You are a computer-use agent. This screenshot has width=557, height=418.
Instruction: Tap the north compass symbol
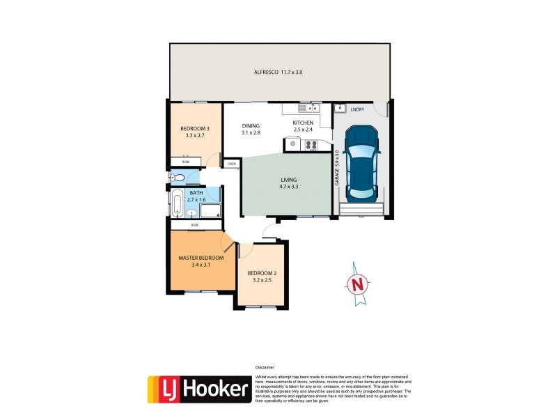point(356,283)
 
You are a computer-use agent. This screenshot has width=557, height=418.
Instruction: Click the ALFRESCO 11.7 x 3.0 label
point(278,72)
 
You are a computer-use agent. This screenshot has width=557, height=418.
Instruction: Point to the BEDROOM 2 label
point(262,277)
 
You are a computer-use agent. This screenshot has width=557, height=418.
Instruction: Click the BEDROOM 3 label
point(194,132)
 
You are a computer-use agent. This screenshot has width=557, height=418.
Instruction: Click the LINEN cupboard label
point(232,164)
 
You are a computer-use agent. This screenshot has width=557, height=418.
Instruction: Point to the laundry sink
point(340,108)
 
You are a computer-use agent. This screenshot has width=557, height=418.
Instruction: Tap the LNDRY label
point(357,109)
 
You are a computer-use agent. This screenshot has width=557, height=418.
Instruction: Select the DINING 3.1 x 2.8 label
point(251,130)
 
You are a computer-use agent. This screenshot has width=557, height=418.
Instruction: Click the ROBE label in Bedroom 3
point(185,162)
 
